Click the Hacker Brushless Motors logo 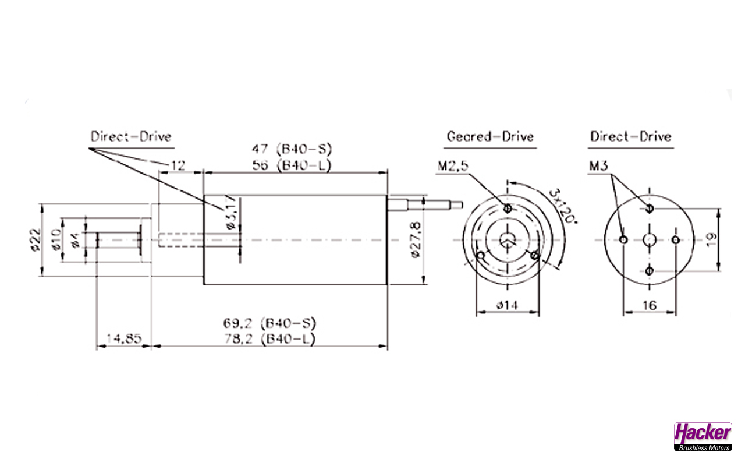tap(703, 436)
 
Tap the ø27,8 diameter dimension tap(414, 239)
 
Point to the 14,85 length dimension tap(123, 338)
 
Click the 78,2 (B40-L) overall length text tap(269, 339)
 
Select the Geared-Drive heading tap(489, 137)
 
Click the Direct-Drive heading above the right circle tap(630, 137)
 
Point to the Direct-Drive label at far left tap(131, 137)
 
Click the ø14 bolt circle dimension tap(507, 305)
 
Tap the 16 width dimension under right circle tap(650, 305)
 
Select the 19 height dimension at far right tap(711, 239)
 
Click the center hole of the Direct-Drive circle tap(650, 239)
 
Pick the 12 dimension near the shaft tap(178, 165)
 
